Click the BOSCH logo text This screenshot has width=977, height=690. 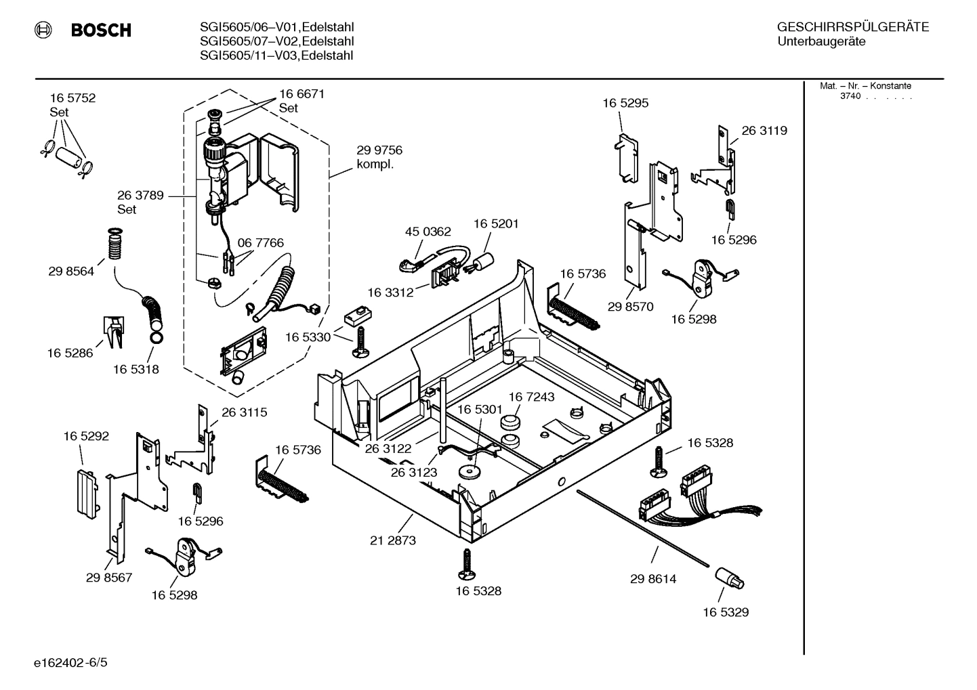[101, 30]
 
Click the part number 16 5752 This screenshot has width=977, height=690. [72, 98]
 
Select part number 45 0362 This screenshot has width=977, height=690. [428, 232]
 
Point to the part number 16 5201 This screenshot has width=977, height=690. [496, 223]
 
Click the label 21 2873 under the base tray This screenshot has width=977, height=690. [393, 540]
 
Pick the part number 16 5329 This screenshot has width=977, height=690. [726, 612]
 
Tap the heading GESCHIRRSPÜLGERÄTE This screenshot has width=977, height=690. [852, 28]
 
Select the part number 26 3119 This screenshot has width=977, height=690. [764, 131]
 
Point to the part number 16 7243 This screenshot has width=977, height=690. [531, 397]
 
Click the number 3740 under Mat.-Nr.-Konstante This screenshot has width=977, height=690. [850, 96]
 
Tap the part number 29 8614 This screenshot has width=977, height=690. [653, 579]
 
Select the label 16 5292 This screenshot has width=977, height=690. [86, 437]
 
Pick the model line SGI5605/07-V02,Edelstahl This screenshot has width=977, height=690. [276, 41]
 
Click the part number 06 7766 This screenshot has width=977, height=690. [260, 243]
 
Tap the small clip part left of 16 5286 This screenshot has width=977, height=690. [113, 331]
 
